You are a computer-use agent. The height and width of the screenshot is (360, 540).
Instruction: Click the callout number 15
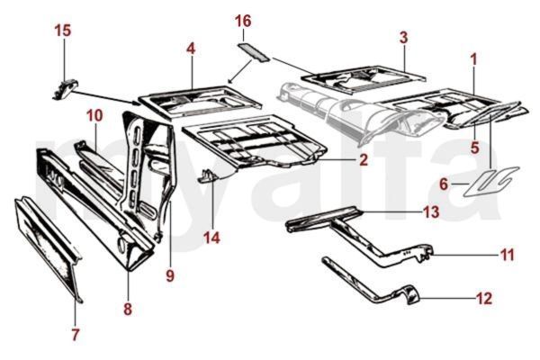tap(63, 31)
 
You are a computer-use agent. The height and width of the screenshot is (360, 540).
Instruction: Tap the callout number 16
tap(243, 21)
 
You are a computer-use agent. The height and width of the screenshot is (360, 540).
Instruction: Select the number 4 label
tap(191, 49)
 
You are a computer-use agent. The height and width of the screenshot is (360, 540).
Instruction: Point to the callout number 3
tap(403, 38)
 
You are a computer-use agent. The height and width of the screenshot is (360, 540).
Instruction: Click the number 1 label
tap(474, 59)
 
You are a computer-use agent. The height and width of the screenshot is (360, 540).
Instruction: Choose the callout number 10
tap(94, 116)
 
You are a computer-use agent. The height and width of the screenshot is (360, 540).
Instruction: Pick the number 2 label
tap(364, 160)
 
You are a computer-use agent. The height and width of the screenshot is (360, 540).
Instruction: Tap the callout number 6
tap(444, 184)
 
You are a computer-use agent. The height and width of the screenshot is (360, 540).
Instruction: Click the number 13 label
tap(431, 211)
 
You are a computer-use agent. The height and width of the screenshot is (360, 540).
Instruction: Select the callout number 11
tap(507, 256)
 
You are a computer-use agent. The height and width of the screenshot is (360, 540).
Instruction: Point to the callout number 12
tap(484, 299)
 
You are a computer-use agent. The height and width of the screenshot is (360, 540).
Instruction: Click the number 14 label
tap(211, 238)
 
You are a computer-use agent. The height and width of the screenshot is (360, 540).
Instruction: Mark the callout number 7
tap(76, 334)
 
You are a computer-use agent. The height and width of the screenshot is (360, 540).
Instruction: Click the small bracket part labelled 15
tap(65, 88)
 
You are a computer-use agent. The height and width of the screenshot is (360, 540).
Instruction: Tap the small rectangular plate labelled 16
tap(253, 52)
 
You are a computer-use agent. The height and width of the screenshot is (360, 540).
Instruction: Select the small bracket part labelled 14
tap(208, 176)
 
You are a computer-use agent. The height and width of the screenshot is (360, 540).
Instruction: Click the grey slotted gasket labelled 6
tap(490, 182)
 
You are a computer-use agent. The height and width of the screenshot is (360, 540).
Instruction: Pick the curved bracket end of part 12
tap(409, 294)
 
